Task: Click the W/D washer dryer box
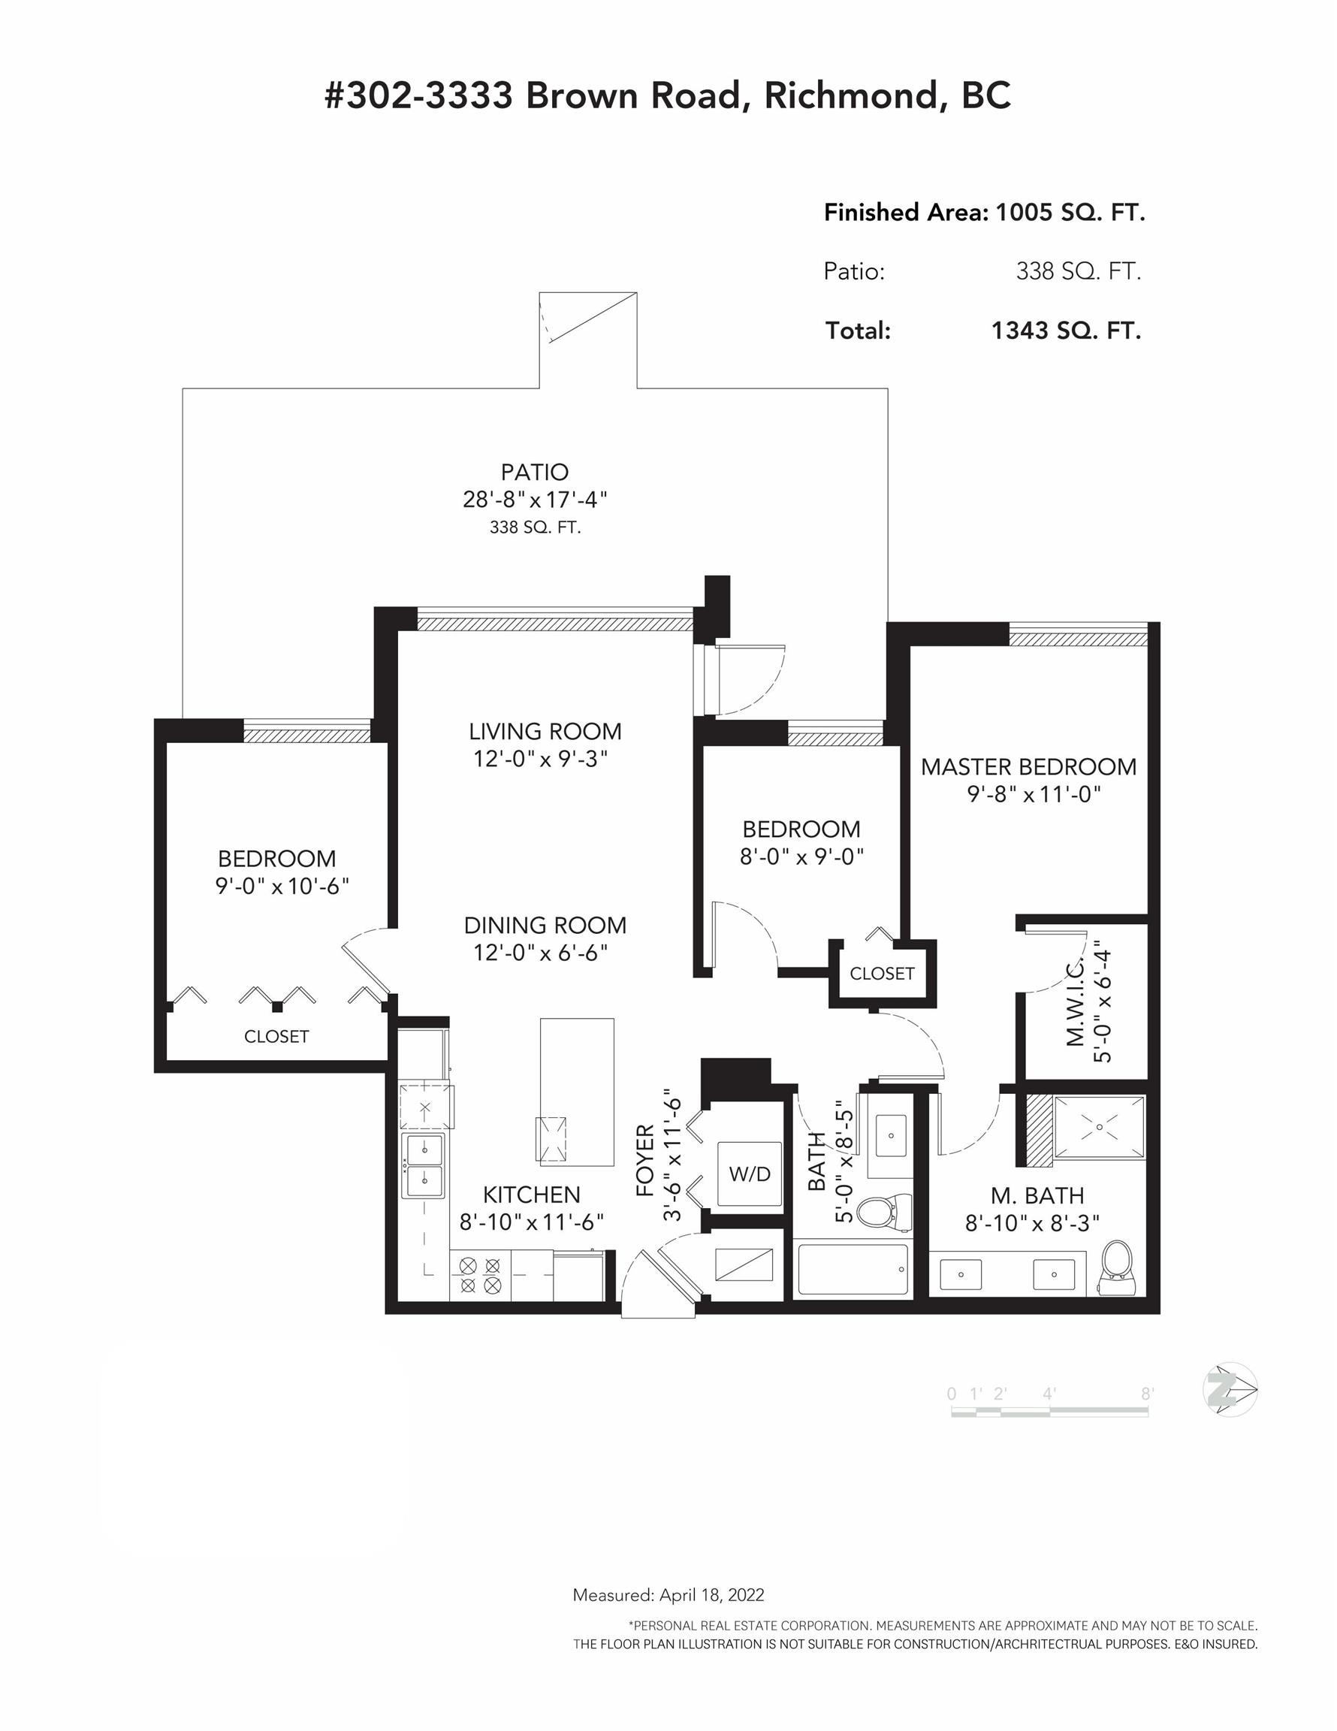pos(750,1174)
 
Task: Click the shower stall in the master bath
pos(1098,1128)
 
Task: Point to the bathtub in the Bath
pos(852,1270)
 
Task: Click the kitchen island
pos(577,1092)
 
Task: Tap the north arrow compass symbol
pos(1230,1389)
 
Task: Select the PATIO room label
pos(534,473)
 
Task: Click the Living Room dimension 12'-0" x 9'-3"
pos(541,759)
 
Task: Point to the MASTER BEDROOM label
pos(1028,766)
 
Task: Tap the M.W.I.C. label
pos(1075,1001)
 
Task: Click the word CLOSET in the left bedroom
pos(276,1036)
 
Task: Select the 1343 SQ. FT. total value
pos(1065,331)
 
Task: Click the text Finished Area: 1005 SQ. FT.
pos(983,213)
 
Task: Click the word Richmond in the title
pos(851,96)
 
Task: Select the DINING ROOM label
pos(545,925)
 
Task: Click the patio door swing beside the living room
pos(751,679)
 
